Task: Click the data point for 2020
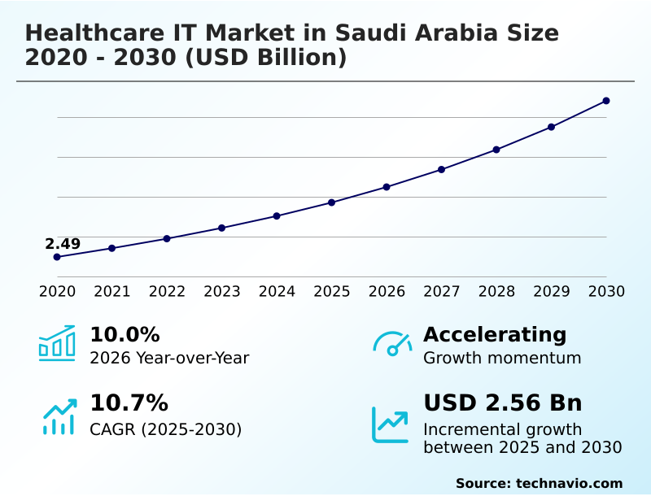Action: (x=57, y=257)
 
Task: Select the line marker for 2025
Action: (x=331, y=202)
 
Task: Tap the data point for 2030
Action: (x=606, y=101)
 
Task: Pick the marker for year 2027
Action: (x=441, y=169)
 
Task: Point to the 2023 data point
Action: (x=221, y=228)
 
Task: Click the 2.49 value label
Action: (x=63, y=244)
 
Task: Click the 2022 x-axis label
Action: (x=167, y=292)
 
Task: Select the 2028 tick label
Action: (x=496, y=292)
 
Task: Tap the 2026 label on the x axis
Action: (x=387, y=292)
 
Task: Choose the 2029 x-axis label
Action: (x=552, y=292)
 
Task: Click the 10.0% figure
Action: (x=125, y=335)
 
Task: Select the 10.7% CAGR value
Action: (x=129, y=403)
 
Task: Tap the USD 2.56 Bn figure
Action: (x=503, y=403)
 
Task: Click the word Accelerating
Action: (x=495, y=335)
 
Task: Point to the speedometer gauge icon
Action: (x=392, y=344)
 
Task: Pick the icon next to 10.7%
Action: (x=59, y=416)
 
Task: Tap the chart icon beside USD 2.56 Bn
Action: (x=391, y=424)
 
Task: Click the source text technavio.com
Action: (x=569, y=483)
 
